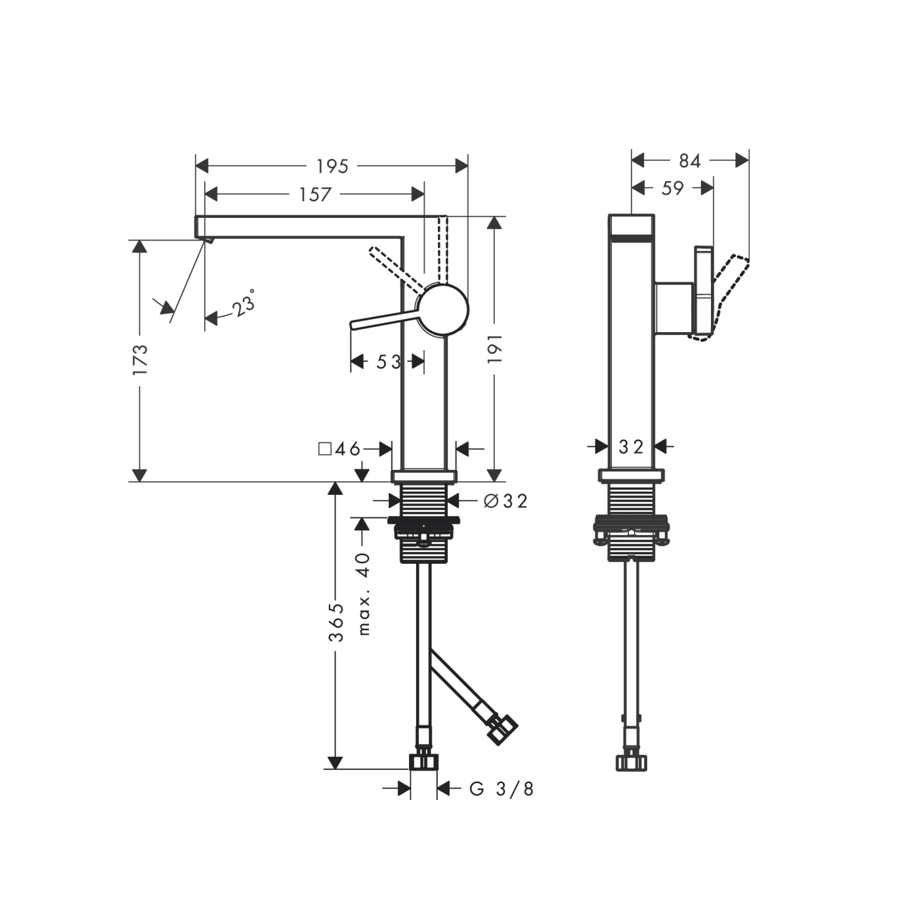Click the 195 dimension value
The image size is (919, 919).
332,166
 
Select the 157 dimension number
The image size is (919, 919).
315,194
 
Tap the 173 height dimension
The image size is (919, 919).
140,359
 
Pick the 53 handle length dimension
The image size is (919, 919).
388,362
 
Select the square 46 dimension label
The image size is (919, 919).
339,449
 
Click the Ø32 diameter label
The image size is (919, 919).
505,502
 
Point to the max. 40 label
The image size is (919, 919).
364,593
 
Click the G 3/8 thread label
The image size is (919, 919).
502,789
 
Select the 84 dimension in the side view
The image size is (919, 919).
689,161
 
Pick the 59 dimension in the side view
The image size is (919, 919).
672,188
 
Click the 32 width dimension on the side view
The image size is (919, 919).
631,447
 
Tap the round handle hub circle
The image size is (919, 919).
443,309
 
